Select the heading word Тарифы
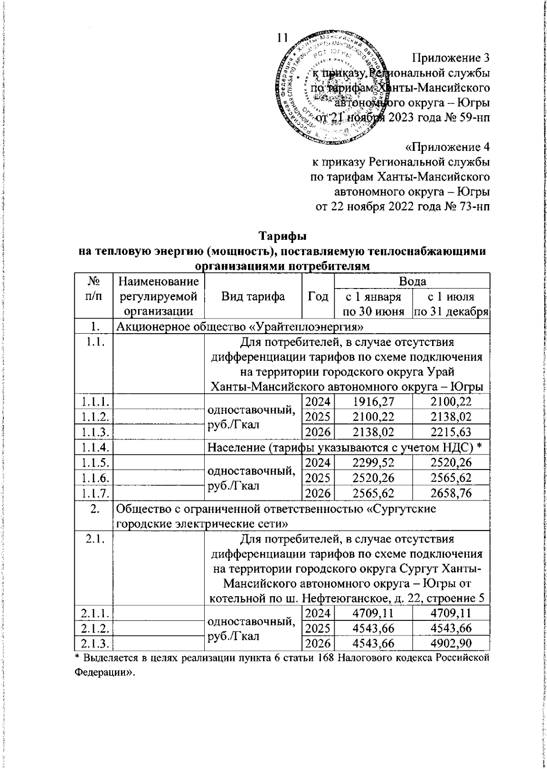tap(283, 237)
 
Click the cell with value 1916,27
tap(372, 402)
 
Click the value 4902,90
tap(450, 642)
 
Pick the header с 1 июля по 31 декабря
tap(450, 304)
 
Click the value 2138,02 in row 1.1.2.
tap(450, 417)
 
